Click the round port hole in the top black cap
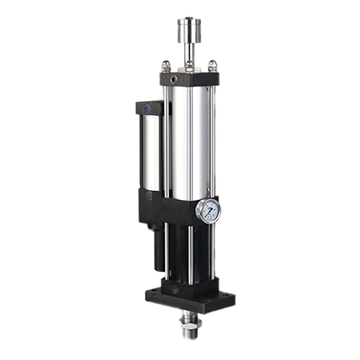(x=173, y=81)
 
